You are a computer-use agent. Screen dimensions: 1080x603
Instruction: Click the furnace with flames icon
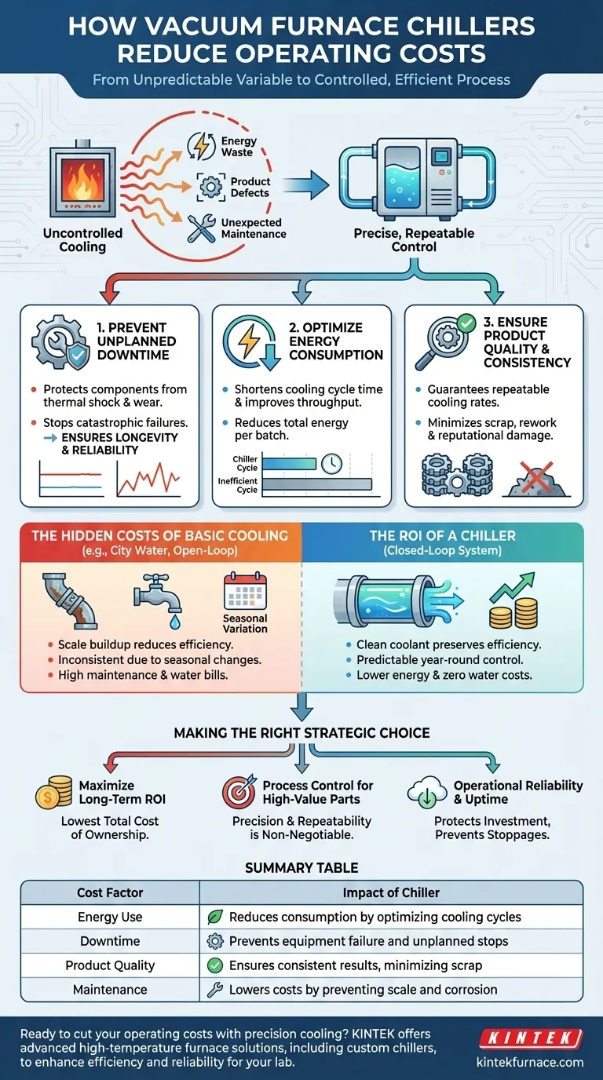pyautogui.click(x=82, y=180)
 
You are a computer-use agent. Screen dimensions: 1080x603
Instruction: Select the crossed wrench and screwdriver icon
pyautogui.click(x=202, y=229)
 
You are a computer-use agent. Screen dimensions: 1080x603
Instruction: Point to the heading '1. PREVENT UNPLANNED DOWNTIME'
pyautogui.click(x=137, y=341)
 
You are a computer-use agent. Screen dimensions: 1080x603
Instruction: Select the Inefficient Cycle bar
pyautogui.click(x=316, y=484)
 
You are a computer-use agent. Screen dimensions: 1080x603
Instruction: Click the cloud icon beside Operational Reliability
pyautogui.click(x=427, y=793)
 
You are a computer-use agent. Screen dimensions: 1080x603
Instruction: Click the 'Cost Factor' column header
pyautogui.click(x=110, y=892)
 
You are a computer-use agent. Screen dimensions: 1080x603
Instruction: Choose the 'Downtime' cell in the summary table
pyautogui.click(x=110, y=941)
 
